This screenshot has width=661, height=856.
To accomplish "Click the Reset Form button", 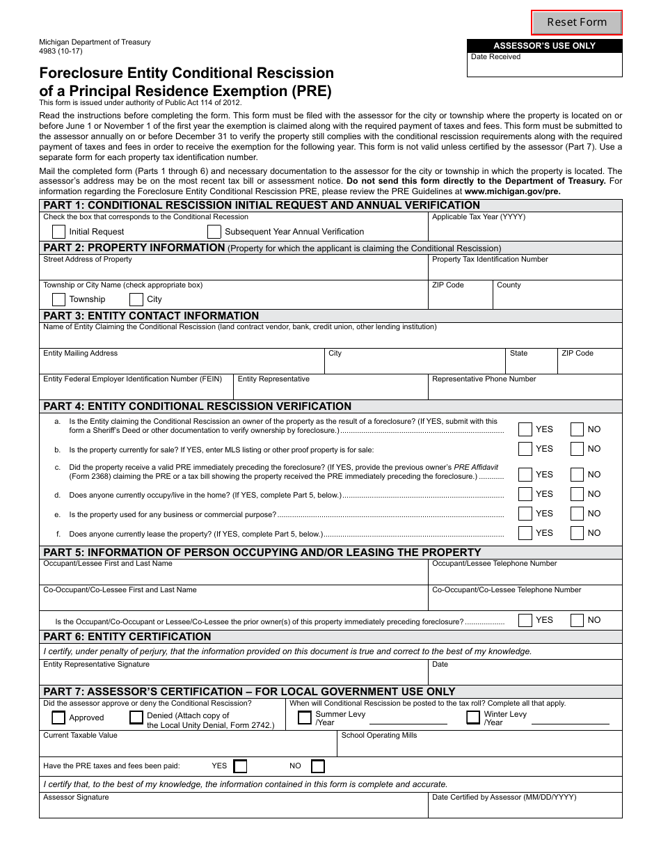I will pyautogui.click(x=576, y=22).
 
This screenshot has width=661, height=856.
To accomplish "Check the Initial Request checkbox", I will pyautogui.click(x=59, y=232).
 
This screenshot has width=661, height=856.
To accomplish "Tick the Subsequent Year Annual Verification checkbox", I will pyautogui.click(x=214, y=232).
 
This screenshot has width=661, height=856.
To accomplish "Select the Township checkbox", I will pyautogui.click(x=59, y=299).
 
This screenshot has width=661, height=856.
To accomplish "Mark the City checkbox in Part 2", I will pyautogui.click(x=136, y=299).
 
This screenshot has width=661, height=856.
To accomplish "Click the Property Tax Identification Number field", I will pyautogui.click(x=525, y=271).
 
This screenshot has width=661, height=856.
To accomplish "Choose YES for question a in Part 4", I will pyautogui.click(x=525, y=429).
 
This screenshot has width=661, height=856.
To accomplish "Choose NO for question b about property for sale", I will pyautogui.click(x=577, y=449).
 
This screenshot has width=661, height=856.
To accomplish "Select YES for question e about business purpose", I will pyautogui.click(x=525, y=514).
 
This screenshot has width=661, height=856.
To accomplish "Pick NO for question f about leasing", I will pyautogui.click(x=577, y=533).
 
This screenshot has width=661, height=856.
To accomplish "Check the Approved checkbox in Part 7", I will pyautogui.click(x=59, y=718).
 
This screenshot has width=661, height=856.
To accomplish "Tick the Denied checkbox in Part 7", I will pyautogui.click(x=136, y=718).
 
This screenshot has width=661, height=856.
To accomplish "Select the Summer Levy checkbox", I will pyautogui.click(x=305, y=718).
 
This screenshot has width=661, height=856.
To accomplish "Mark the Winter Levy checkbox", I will pyautogui.click(x=473, y=718).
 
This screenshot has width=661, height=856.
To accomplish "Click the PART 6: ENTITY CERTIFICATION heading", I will pyautogui.click(x=127, y=637).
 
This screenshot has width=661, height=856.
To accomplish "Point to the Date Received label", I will pyautogui.click(x=495, y=57).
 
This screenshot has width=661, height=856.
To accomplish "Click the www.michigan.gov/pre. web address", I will pyautogui.click(x=512, y=191).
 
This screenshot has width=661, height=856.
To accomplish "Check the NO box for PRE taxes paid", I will pyautogui.click(x=318, y=766).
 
